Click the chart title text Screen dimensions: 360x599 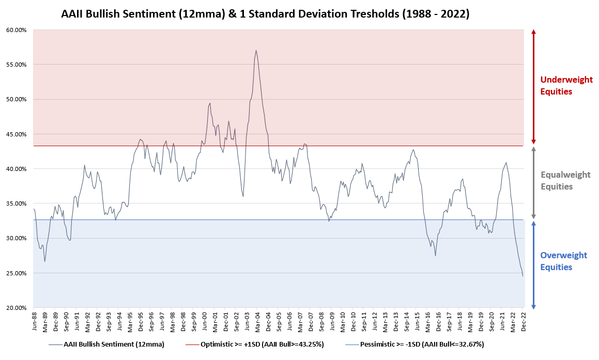coord(265,14)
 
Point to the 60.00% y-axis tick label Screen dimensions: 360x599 coord(16,30)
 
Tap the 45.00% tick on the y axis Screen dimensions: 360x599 coord(16,134)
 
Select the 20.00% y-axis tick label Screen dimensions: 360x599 coord(16,308)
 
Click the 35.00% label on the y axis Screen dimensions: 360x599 coord(16,204)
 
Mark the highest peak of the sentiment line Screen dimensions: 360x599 coord(256,51)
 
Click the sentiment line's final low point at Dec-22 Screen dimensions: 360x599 coord(523,276)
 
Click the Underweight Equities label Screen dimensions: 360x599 coord(566,86)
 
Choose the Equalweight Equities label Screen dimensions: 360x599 coord(565,181)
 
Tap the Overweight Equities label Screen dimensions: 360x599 coord(563,261)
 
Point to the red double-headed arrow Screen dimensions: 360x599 coord(534,87)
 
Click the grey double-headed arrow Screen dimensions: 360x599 coord(534,182)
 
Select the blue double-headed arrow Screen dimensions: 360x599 coord(534,264)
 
